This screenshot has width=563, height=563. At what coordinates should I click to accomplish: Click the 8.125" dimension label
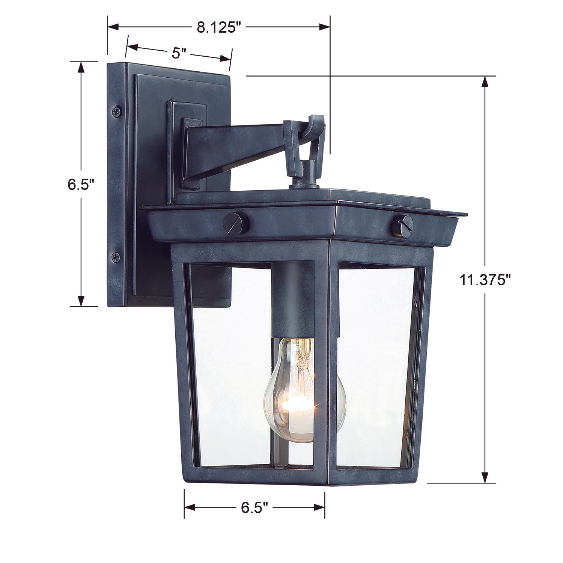point(218,27)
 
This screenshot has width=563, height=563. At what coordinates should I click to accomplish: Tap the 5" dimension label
point(179,53)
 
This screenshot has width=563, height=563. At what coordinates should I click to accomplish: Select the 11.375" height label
point(486,280)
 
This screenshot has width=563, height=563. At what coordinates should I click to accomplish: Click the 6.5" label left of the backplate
point(80,184)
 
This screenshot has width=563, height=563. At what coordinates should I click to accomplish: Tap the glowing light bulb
point(289,390)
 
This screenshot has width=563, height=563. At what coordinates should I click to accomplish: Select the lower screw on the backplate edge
point(116,257)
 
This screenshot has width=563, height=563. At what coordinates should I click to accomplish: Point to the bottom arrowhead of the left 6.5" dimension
point(80,301)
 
